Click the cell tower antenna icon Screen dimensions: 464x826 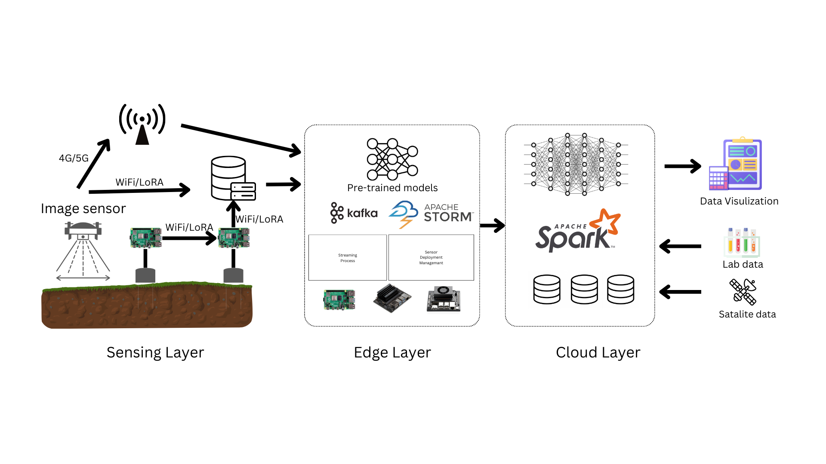point(142,124)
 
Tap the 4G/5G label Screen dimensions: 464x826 point(74,158)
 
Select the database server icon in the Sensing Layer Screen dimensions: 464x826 point(233,179)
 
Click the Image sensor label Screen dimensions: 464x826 point(83,208)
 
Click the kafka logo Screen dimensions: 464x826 point(354,213)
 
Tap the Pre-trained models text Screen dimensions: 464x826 point(392,188)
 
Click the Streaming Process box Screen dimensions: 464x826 point(348,257)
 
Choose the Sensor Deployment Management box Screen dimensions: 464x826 point(431,257)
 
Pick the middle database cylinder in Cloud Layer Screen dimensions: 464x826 point(584,289)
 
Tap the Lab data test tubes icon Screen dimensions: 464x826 point(742,242)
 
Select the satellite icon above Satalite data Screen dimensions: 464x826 point(743,291)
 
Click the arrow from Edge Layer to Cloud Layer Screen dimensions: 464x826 point(492,225)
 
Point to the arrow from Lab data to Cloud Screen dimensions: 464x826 point(680,246)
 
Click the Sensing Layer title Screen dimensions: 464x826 point(155,352)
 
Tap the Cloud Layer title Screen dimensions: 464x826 point(598,352)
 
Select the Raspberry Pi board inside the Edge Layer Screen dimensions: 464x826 point(339,299)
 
